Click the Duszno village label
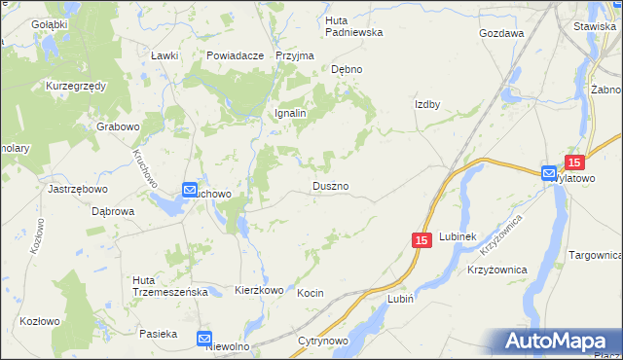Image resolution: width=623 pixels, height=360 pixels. click(330, 185)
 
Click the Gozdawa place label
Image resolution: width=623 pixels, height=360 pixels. click(501, 32)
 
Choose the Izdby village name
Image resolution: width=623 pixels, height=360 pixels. click(428, 105)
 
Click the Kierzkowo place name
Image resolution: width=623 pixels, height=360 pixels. click(259, 290)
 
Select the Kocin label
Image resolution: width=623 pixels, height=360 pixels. click(310, 293)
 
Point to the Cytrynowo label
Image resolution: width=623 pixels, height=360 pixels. click(324, 342)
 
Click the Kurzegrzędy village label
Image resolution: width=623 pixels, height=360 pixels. click(76, 86)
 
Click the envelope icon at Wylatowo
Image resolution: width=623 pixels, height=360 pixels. click(550, 173)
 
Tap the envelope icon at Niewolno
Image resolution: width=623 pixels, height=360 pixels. click(204, 339)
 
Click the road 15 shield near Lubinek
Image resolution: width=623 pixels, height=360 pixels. click(421, 240)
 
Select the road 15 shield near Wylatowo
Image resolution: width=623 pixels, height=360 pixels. click(574, 163)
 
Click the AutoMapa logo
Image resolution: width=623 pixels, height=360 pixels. click(561, 342)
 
